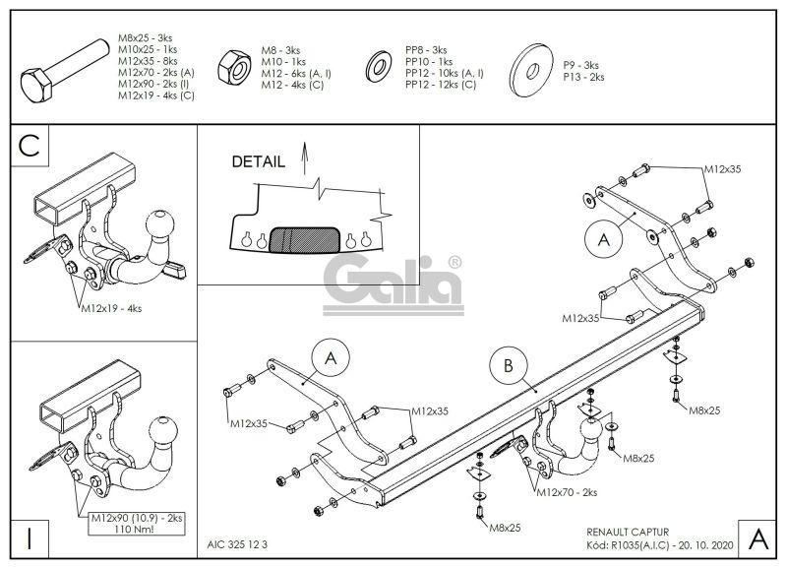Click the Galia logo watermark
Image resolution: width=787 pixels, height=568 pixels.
pyautogui.click(x=393, y=284)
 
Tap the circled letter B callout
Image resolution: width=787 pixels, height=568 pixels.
pyautogui.click(x=508, y=365)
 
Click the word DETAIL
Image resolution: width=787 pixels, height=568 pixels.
pyautogui.click(x=258, y=161)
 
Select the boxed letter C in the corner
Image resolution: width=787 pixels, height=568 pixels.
pyautogui.click(x=30, y=145)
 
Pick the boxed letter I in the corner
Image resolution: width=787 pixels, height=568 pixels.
pyautogui.click(x=30, y=538)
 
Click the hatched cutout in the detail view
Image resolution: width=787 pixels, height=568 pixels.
pyautogui.click(x=305, y=239)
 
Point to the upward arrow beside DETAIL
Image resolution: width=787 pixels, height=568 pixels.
pyautogui.click(x=304, y=158)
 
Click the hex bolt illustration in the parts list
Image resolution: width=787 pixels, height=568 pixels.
pyautogui.click(x=65, y=71)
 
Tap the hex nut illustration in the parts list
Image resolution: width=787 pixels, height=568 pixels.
pyautogui.click(x=234, y=67)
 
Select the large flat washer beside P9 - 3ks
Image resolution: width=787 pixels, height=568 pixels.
pyautogui.click(x=531, y=70)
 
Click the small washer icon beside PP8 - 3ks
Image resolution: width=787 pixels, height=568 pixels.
pyautogui.click(x=380, y=66)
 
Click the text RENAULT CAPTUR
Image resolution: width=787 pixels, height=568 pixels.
pyautogui.click(x=628, y=532)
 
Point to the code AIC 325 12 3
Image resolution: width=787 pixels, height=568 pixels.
pyautogui.click(x=237, y=544)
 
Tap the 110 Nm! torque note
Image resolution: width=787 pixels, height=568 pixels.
pyautogui.click(x=135, y=529)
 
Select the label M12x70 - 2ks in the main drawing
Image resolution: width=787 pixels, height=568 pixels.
pyautogui.click(x=568, y=492)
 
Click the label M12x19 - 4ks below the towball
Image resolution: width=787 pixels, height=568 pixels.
pyautogui.click(x=111, y=308)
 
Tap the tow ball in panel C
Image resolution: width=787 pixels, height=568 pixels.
pyautogui.click(x=160, y=223)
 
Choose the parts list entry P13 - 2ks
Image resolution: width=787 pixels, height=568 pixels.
pyautogui.click(x=583, y=77)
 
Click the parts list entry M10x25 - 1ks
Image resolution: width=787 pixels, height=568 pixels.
pyautogui.click(x=148, y=49)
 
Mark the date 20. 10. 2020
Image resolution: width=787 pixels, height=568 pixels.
pyautogui.click(x=704, y=545)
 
